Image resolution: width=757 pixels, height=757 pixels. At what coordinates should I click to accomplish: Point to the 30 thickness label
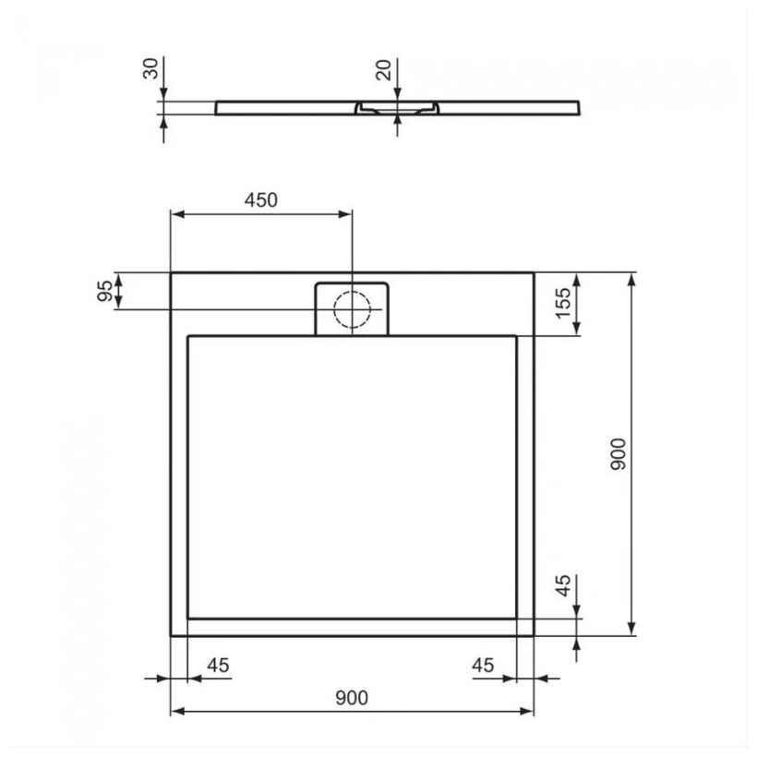click(x=151, y=68)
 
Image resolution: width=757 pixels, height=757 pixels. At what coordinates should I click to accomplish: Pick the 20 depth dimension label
click(x=385, y=68)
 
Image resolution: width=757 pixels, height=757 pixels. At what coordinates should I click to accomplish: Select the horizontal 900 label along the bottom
click(x=352, y=698)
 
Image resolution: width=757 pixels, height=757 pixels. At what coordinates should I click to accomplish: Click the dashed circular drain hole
click(x=352, y=308)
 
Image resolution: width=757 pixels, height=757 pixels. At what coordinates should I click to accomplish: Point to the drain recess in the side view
click(x=397, y=107)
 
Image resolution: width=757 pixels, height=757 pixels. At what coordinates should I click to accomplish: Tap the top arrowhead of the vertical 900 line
click(x=632, y=279)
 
